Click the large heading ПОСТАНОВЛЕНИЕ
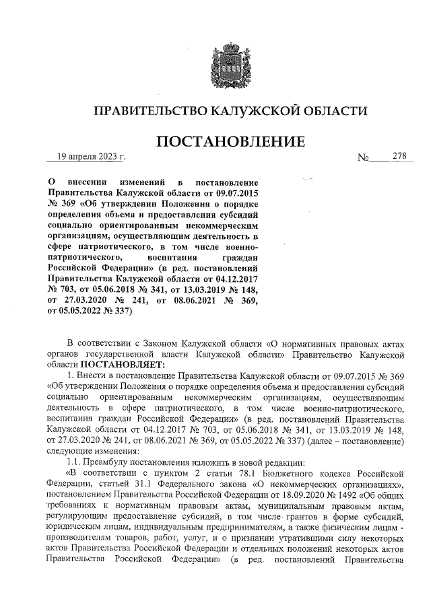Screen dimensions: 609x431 pyautogui.click(x=230, y=142)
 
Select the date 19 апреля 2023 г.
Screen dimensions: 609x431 pyautogui.click(x=91, y=157)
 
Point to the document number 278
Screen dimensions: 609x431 pyautogui.click(x=400, y=157)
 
